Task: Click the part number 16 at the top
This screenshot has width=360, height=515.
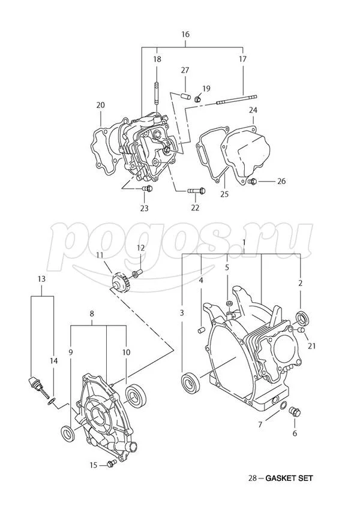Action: click(x=185, y=34)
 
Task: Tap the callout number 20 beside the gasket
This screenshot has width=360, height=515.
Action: click(x=100, y=106)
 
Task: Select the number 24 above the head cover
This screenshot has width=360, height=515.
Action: click(x=253, y=110)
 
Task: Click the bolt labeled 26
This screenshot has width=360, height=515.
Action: click(x=253, y=180)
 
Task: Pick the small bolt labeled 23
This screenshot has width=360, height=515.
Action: click(x=148, y=189)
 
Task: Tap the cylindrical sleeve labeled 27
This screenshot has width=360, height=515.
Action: click(x=185, y=95)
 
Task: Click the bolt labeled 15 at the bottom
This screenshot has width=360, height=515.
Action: click(x=110, y=464)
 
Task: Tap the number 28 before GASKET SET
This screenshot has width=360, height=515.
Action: click(x=253, y=478)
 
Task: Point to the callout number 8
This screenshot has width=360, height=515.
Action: click(x=92, y=314)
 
